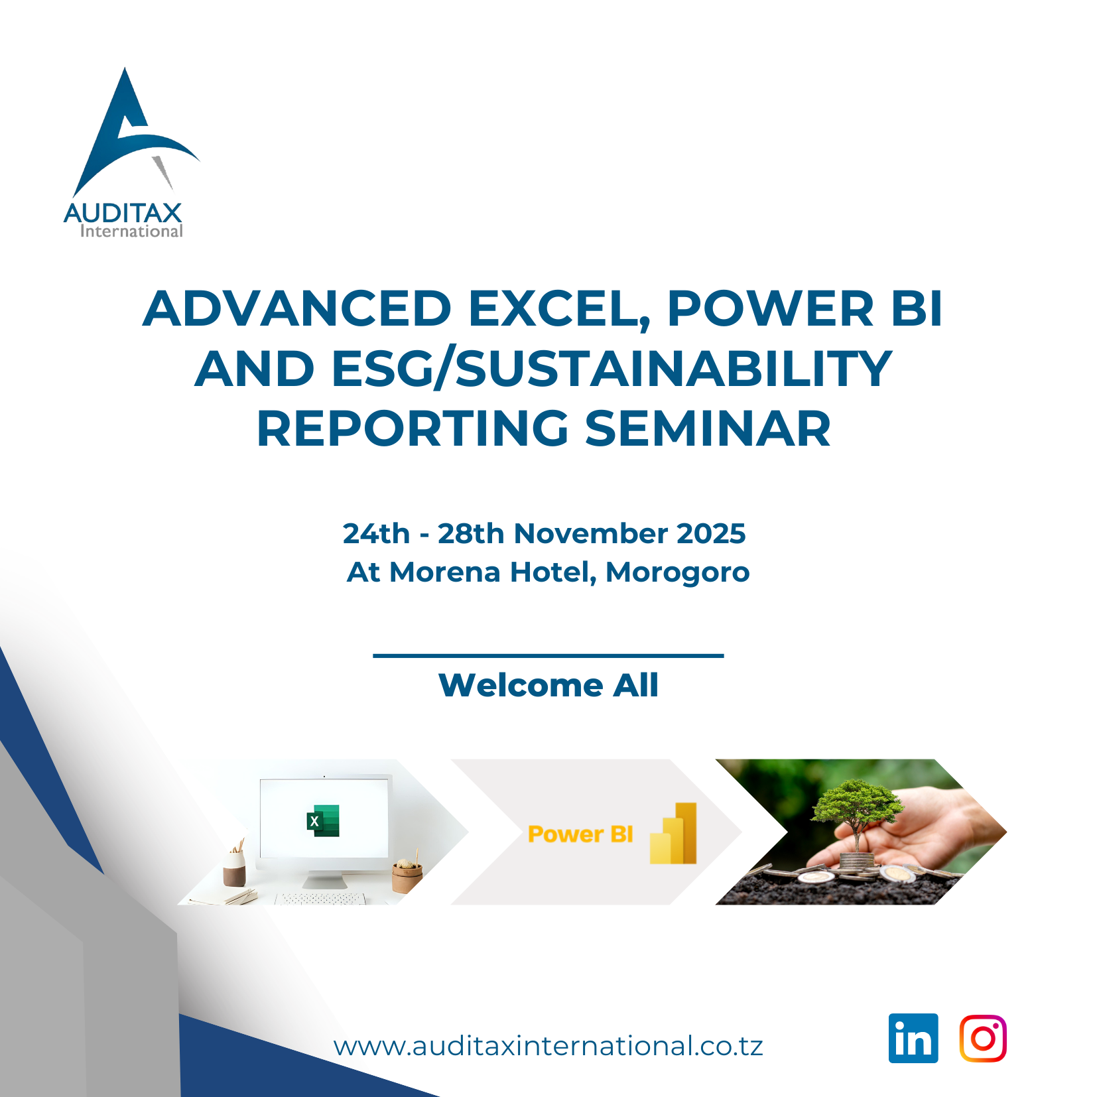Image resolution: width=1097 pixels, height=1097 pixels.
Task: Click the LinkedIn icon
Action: click(x=913, y=1038)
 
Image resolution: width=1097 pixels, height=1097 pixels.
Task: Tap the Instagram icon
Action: click(x=983, y=1038)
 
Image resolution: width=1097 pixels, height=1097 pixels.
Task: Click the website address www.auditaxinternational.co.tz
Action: click(x=548, y=1046)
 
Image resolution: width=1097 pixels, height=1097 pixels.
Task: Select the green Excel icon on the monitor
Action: click(x=323, y=820)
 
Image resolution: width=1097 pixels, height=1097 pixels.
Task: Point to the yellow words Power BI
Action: click(x=580, y=834)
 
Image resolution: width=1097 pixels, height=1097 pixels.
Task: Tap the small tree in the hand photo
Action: click(x=856, y=812)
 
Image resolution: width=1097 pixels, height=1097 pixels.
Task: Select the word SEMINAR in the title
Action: click(x=708, y=428)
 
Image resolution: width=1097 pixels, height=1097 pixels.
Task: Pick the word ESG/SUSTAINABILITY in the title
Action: click(x=612, y=369)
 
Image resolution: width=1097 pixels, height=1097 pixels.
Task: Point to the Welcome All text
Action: click(x=548, y=685)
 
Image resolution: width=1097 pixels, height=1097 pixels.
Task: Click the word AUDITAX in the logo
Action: click(x=123, y=213)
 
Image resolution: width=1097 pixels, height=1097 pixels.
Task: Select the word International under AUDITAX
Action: click(x=131, y=231)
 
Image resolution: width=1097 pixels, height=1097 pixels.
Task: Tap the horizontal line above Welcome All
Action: click(x=548, y=655)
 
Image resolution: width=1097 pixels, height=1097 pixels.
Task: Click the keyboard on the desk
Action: click(x=320, y=899)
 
